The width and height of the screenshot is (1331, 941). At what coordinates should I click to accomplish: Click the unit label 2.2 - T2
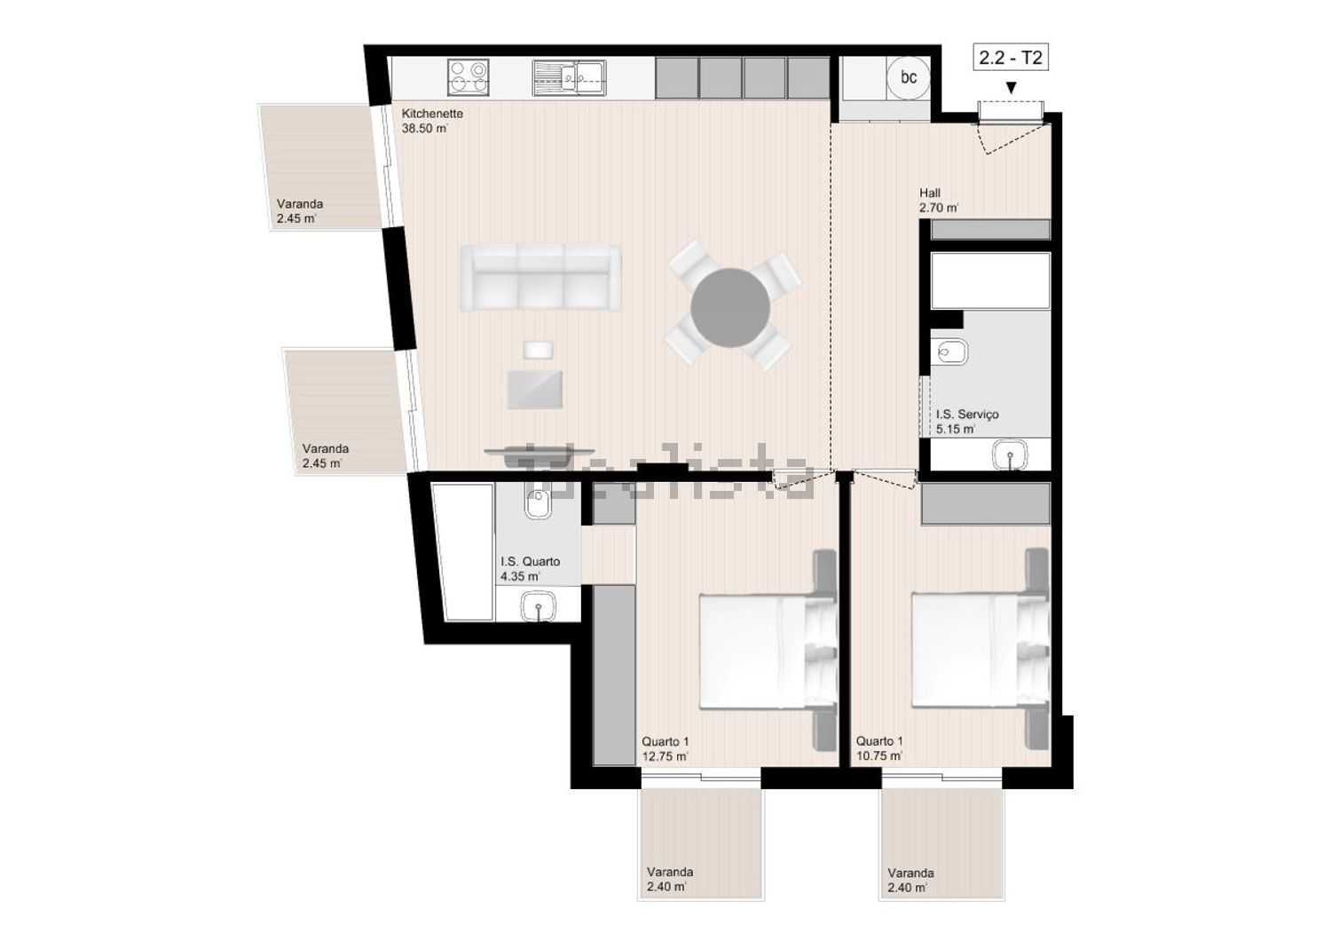1011,58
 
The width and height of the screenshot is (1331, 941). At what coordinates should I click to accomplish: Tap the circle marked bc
908,77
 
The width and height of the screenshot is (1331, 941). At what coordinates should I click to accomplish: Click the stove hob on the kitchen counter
469,77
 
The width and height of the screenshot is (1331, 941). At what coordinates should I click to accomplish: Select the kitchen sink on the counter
569,77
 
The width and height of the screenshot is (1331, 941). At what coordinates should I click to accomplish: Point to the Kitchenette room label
432,113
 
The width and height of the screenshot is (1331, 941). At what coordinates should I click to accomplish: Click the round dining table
730,307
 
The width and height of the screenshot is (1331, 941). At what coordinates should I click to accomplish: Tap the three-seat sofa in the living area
540,278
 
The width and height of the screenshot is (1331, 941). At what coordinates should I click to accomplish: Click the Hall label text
930,193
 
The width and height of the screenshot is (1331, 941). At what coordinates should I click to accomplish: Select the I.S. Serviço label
967,414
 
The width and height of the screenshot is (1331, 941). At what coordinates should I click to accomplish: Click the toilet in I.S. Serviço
949,352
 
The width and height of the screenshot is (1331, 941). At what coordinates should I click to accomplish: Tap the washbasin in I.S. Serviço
1010,455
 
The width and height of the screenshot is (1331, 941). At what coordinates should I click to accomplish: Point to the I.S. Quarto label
530,561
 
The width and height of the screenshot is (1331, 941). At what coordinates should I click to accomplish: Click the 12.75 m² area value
665,756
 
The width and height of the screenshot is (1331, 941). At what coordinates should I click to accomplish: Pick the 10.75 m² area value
879,756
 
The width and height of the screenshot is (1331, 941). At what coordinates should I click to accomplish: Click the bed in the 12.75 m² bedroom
768,650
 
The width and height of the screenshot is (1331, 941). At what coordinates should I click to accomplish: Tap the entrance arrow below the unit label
1011,88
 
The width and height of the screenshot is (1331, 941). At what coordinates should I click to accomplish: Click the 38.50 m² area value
425,128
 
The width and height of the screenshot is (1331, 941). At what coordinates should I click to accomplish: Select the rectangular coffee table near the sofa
535,390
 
